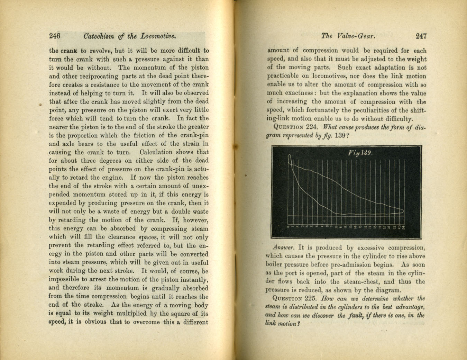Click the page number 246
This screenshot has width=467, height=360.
55,36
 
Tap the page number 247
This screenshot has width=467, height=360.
421,36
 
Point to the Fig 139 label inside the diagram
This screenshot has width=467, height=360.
360,153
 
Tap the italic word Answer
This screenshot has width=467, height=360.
283,248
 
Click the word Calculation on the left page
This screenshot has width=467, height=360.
156,152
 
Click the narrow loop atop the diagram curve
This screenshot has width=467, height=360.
291,160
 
